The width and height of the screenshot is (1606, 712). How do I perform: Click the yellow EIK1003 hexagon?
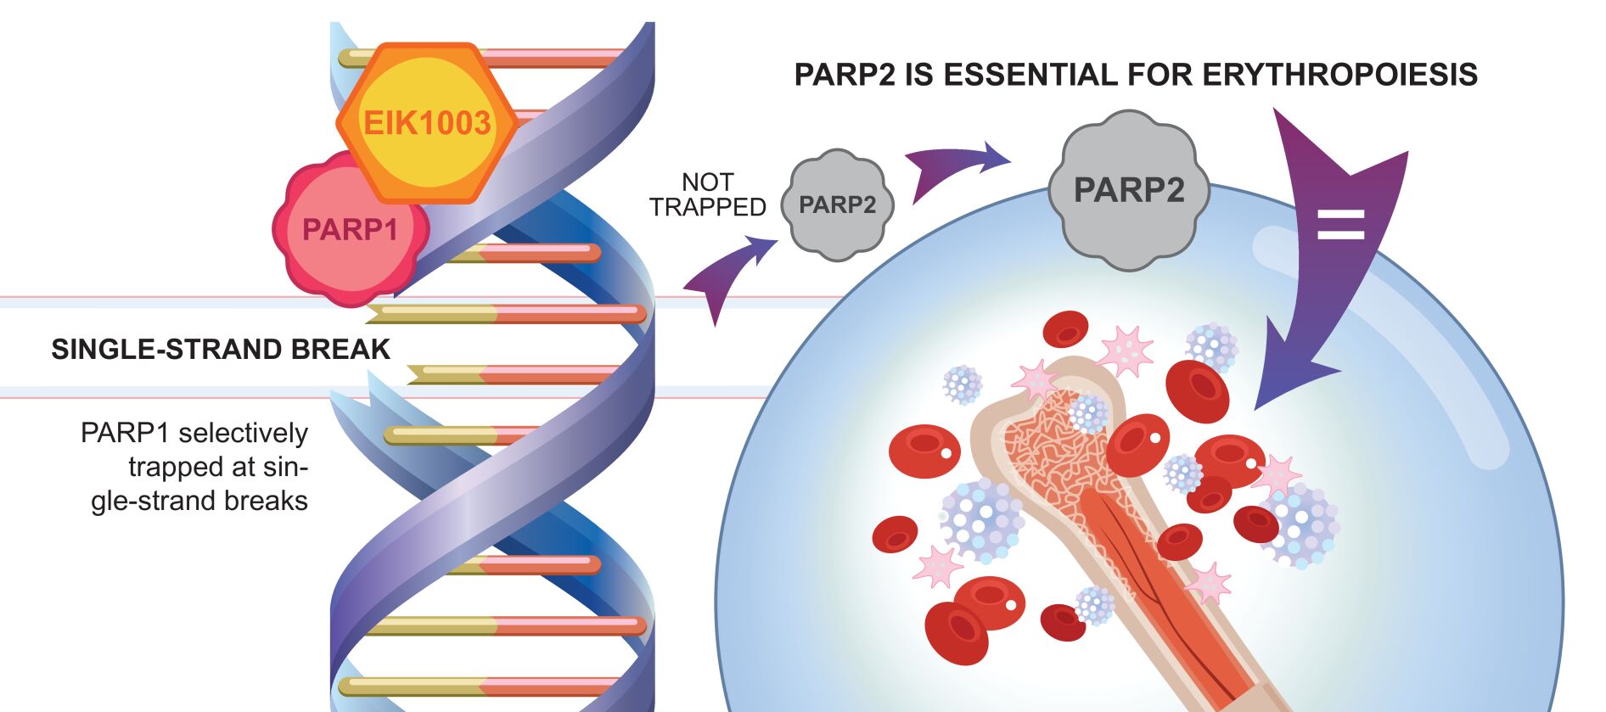(427, 123)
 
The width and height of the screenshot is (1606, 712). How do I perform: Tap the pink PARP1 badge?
(350, 229)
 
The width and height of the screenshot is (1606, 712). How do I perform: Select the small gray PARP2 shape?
(837, 205)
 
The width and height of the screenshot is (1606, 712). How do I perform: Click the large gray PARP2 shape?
(1128, 190)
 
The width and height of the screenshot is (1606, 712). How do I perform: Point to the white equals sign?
(1340, 224)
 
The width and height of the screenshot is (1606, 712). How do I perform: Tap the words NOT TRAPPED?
(707, 194)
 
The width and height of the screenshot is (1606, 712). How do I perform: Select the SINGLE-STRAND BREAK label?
(221, 350)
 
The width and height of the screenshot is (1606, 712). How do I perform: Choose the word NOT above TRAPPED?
(707, 182)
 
